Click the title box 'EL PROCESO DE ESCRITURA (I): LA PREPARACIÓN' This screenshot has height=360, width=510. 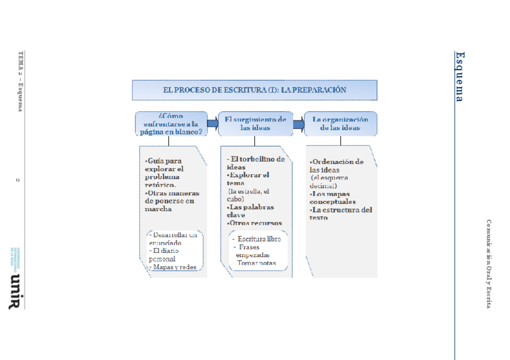coord(254,90)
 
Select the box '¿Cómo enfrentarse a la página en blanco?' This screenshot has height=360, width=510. coord(171,123)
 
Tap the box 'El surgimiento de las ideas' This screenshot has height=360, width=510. coord(254,123)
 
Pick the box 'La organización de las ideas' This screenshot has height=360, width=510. coord(340,123)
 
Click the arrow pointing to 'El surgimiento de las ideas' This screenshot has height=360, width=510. coord(212,123)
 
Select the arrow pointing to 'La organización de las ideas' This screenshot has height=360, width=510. coord(298,125)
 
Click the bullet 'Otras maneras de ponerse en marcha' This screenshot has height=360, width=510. coord(172,201)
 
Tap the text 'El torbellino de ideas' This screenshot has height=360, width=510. coord(256,163)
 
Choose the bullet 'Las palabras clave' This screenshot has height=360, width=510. coord(251,211)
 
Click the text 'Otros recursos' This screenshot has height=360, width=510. coord(256,223)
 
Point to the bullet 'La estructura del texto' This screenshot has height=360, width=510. coord(340,213)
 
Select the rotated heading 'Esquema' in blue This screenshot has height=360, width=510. coord(459,76)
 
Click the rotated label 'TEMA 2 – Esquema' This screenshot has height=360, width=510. coord(20,82)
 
